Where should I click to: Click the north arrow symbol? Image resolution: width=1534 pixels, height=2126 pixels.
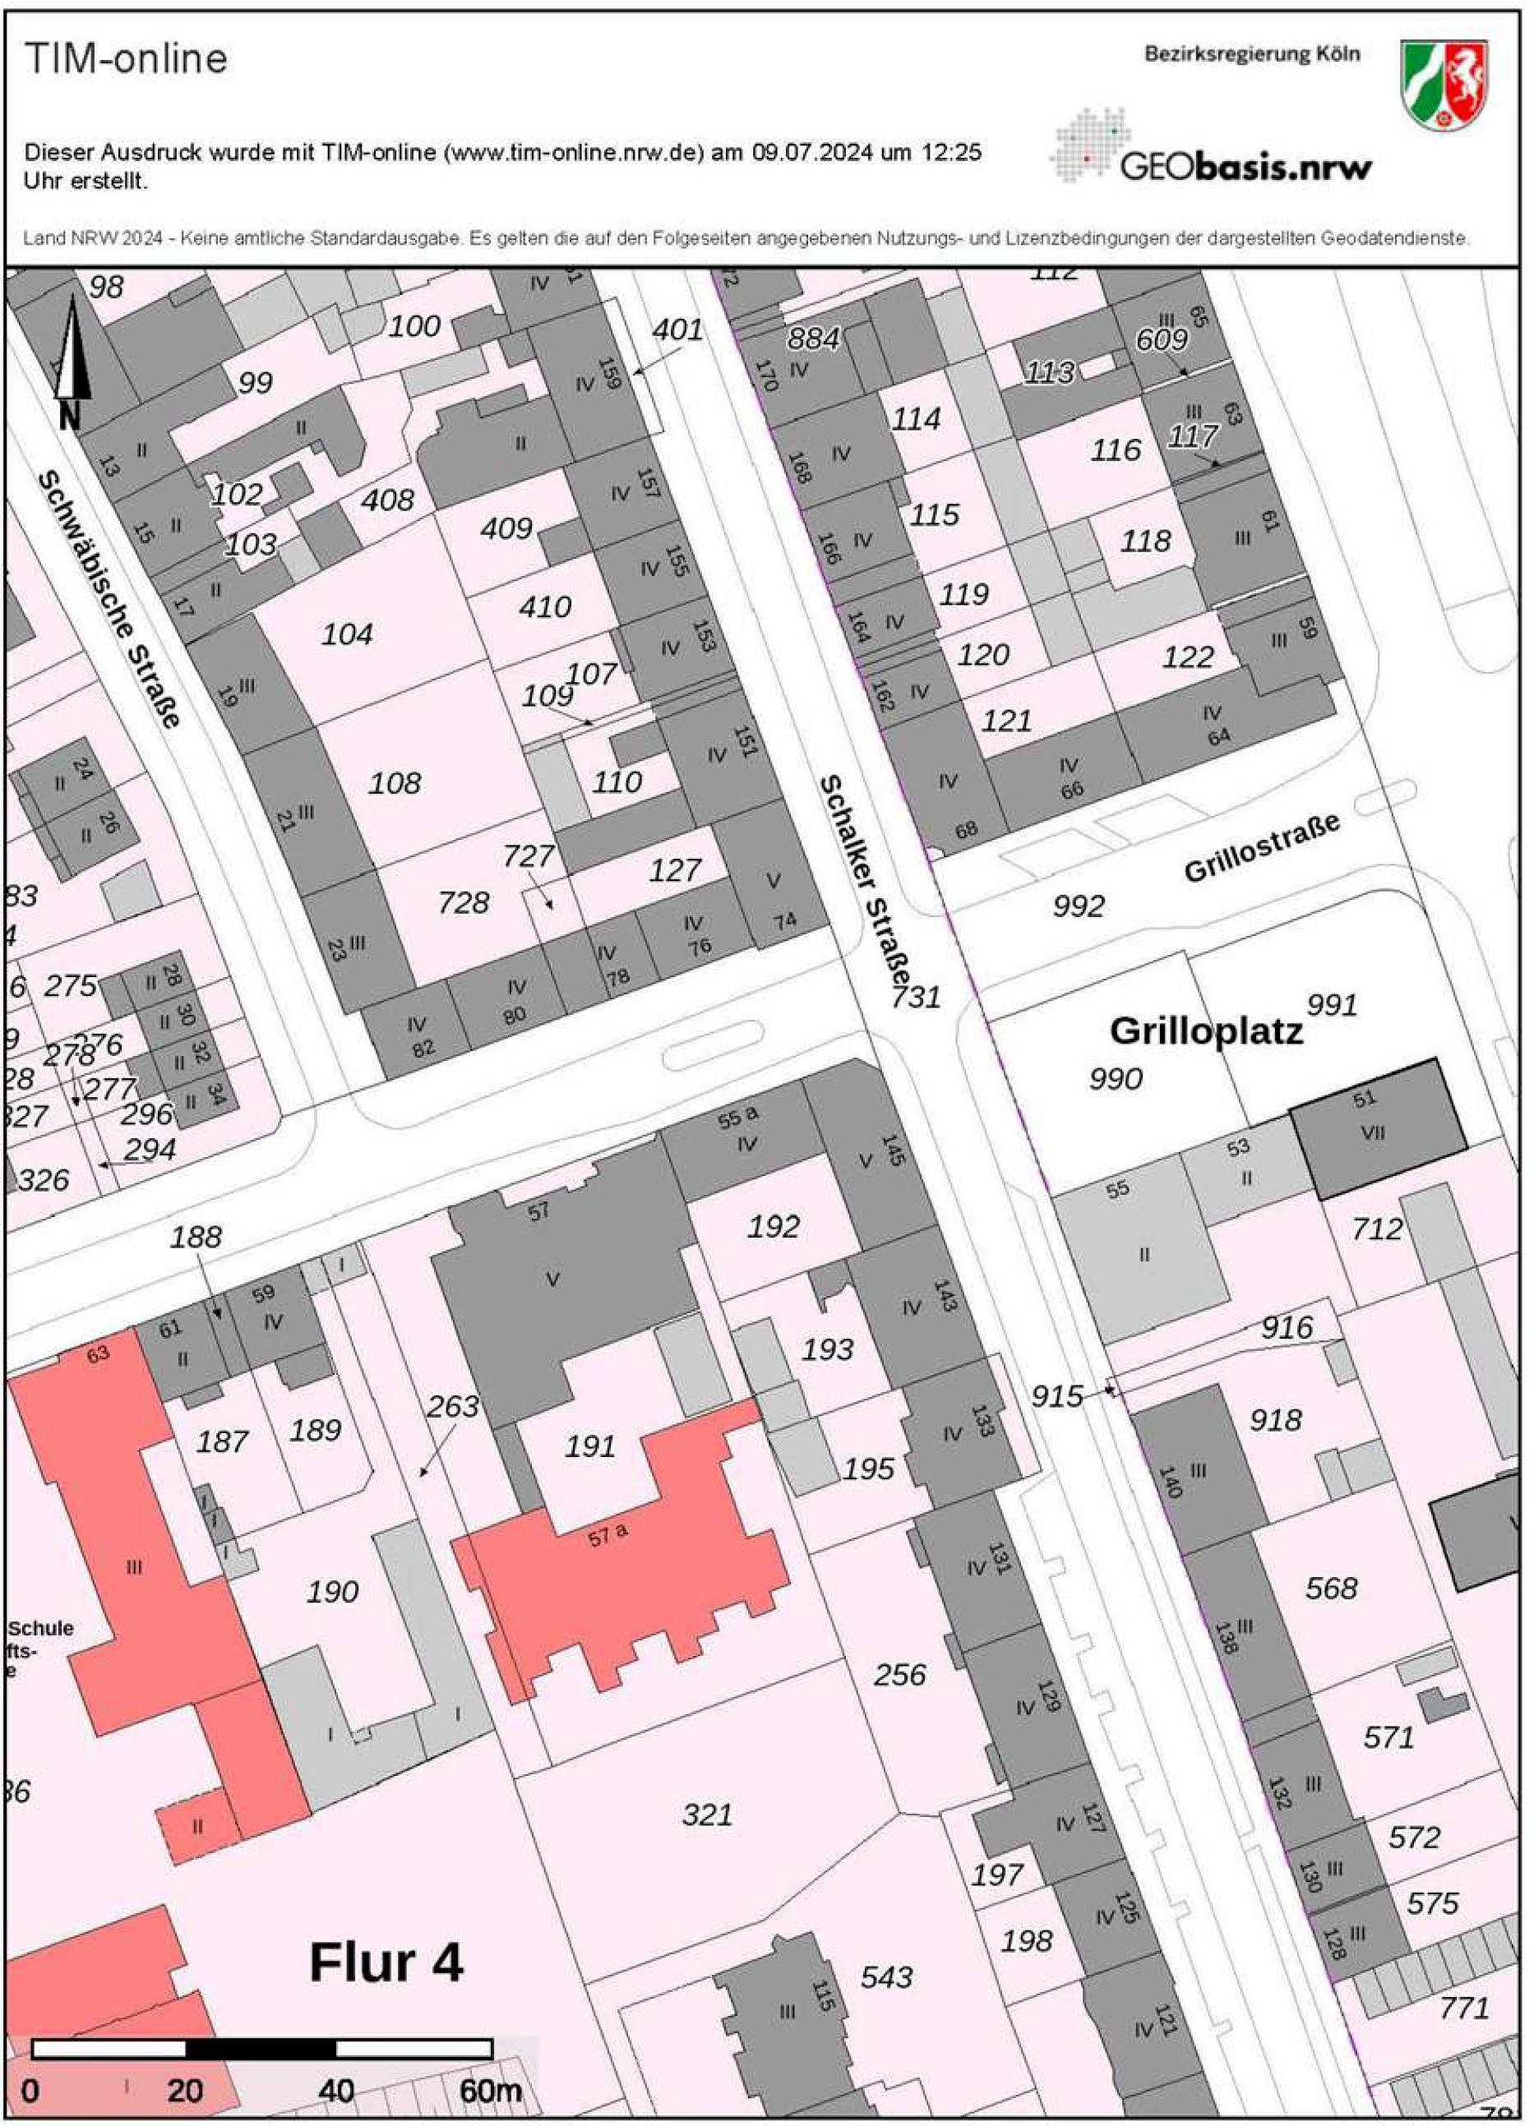click(72, 361)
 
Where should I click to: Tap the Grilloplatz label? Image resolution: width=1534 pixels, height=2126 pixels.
click(1206, 1031)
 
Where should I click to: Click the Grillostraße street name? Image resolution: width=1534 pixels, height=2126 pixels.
click(1261, 846)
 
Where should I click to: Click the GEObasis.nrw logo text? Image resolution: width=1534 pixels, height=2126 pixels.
click(1245, 167)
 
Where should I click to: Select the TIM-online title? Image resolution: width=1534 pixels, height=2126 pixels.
click(126, 59)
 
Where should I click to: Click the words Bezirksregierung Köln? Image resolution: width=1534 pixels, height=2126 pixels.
click(1251, 54)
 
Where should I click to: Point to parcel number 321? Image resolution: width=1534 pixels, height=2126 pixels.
click(707, 1815)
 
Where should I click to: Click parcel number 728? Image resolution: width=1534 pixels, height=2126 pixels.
click(463, 902)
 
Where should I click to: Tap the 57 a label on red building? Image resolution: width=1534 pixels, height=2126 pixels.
click(608, 1534)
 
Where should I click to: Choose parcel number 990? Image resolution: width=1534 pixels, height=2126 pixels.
click(1115, 1079)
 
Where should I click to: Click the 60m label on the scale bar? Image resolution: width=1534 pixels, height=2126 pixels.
click(489, 2091)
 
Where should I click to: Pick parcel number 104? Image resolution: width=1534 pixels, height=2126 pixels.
click(347, 634)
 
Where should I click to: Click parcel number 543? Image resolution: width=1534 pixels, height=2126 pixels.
click(886, 1977)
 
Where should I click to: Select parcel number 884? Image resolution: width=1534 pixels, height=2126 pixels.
click(813, 339)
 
